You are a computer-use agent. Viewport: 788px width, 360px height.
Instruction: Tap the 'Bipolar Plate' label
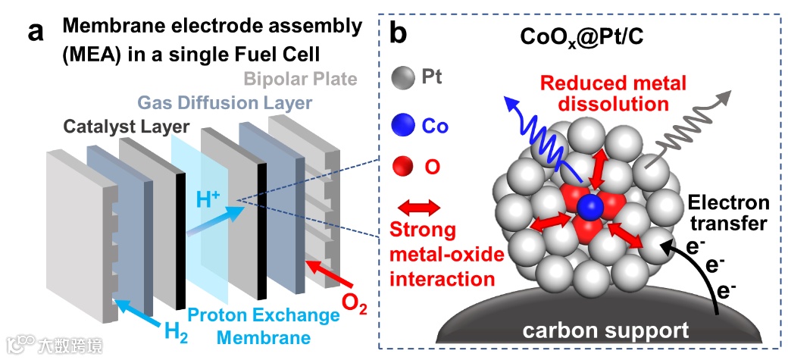pos(300,78)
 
